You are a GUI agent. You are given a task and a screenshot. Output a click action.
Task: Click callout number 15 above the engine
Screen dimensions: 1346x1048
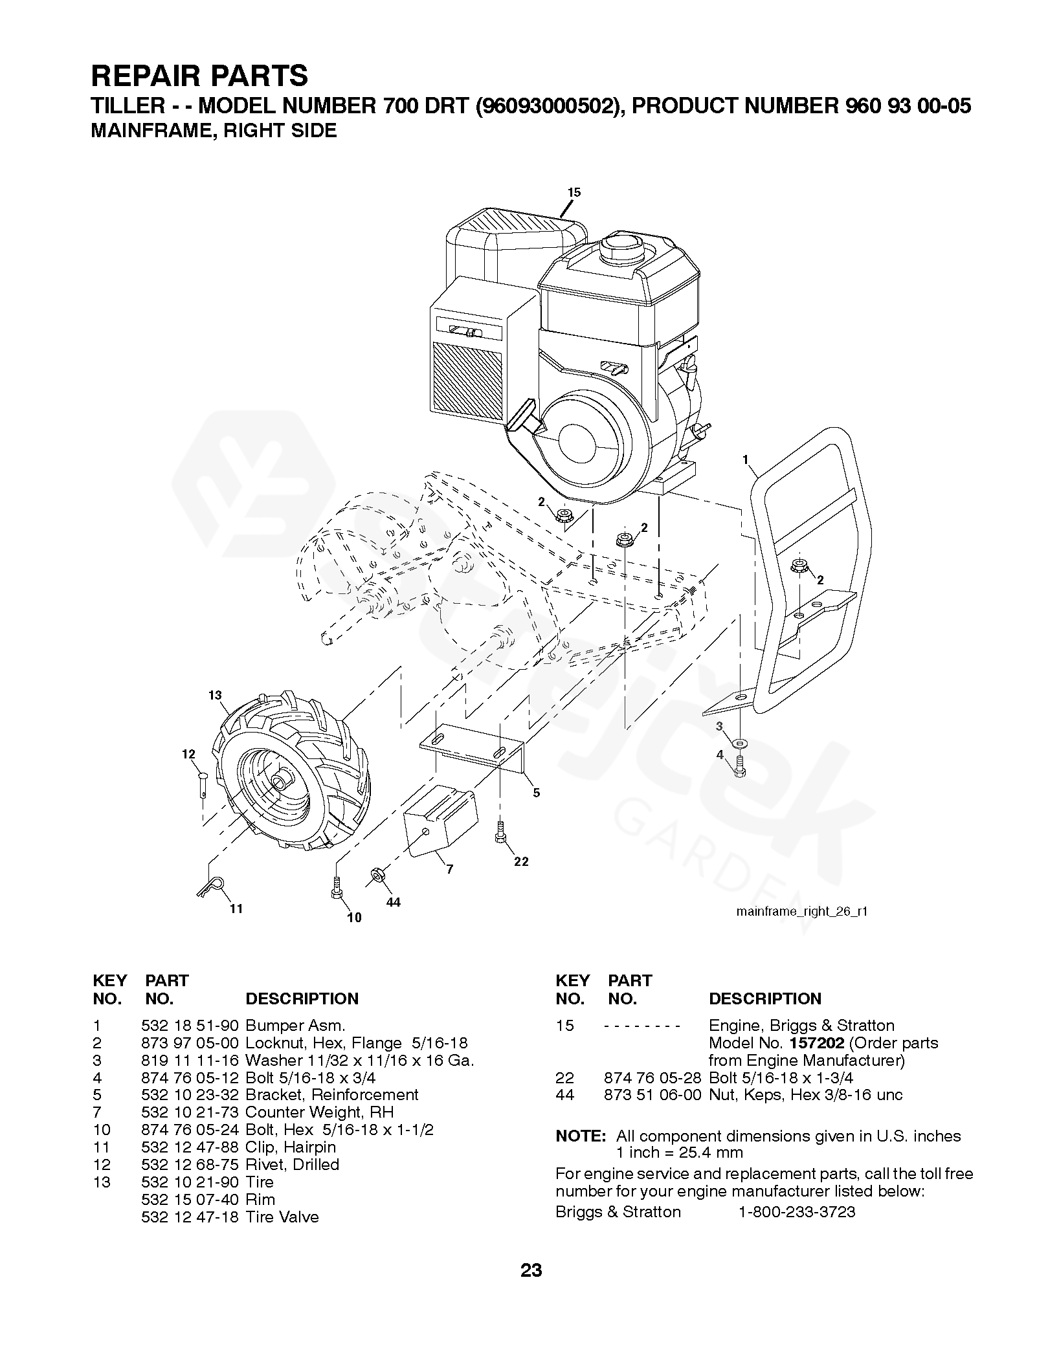coord(574,192)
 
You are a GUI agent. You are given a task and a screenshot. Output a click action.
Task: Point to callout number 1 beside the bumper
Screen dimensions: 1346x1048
coord(746,459)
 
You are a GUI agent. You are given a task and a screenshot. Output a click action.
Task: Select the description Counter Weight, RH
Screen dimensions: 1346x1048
coord(320,1112)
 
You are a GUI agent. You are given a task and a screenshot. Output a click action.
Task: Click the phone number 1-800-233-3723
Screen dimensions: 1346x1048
coord(797,1212)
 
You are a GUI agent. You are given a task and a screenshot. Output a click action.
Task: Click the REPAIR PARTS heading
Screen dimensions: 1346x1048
coord(199,76)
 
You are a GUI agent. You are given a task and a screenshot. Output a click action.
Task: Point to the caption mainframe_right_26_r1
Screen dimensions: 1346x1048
coord(802,911)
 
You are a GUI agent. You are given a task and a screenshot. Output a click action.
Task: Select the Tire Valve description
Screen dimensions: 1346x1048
coord(282,1217)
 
